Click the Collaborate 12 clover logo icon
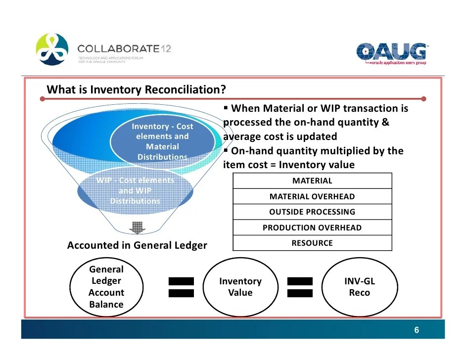pos(52,49)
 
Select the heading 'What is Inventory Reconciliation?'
pos(136,90)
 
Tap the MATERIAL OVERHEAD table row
pos(312,196)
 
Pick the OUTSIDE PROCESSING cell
pos(312,212)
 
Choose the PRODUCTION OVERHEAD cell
pos(312,227)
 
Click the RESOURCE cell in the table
pos(312,243)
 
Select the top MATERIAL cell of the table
pos(312,181)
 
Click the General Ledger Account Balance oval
pos(106,287)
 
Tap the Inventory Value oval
pos(240,287)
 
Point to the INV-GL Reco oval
pos(360,287)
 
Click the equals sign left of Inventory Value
pos(181,287)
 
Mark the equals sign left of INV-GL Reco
pos(300,287)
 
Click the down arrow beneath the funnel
pos(137,228)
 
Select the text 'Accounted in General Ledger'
pos(137,245)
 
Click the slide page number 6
pos(417,330)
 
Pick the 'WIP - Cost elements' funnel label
pos(135,190)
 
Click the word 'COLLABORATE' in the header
pos(118,49)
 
